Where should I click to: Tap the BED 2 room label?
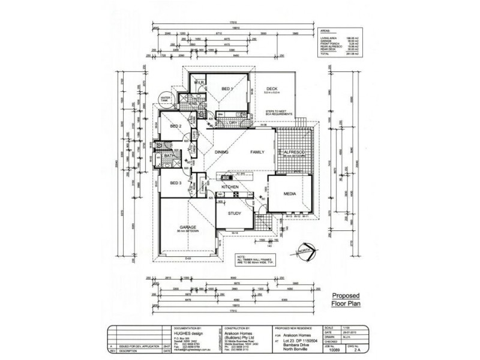pyautogui.click(x=176, y=127)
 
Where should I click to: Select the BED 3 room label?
pyautogui.click(x=175, y=182)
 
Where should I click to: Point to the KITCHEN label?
pyautogui.click(x=231, y=188)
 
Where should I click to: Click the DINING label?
pyautogui.click(x=222, y=152)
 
